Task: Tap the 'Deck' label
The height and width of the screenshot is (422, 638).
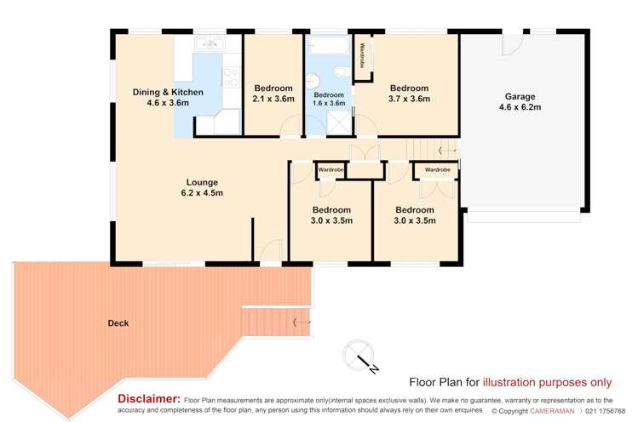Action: (118, 322)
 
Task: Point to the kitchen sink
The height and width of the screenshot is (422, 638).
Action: (208, 45)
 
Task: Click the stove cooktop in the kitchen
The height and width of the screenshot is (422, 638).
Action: (232, 77)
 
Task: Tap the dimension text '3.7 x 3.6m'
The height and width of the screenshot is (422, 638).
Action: (410, 99)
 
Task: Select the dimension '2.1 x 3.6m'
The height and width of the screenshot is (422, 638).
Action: (273, 99)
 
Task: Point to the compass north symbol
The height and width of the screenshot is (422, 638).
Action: (359, 355)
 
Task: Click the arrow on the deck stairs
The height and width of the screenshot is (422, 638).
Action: (300, 322)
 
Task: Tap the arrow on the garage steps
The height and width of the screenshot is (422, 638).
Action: (445, 151)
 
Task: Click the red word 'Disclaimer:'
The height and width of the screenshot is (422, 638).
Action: (148, 398)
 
